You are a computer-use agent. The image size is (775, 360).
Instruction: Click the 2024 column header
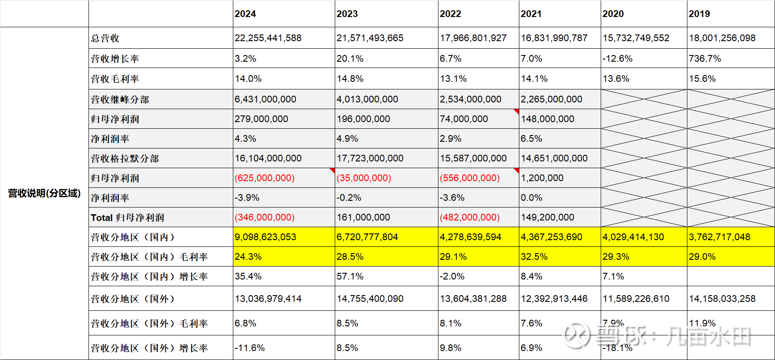(x=245, y=14)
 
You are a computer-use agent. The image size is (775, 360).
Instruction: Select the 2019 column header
(x=699, y=14)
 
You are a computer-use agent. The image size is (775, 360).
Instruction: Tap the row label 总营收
(x=105, y=38)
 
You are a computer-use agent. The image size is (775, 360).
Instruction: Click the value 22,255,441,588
(x=268, y=38)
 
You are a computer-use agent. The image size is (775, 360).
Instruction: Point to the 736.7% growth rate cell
(x=705, y=59)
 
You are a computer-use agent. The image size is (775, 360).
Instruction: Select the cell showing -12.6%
(x=617, y=59)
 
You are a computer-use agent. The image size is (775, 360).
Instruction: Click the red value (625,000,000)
(x=265, y=178)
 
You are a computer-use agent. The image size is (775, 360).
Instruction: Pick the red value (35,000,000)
(x=364, y=178)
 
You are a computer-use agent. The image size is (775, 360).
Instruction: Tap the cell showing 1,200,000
(x=542, y=178)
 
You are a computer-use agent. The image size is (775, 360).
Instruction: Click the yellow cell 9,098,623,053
(x=265, y=237)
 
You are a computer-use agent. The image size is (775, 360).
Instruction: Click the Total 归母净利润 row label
(x=127, y=218)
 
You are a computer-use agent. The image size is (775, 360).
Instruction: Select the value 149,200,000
(x=548, y=217)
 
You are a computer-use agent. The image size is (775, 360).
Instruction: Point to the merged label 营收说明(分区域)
(x=44, y=193)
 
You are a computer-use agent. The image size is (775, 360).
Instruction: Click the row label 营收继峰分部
(x=120, y=100)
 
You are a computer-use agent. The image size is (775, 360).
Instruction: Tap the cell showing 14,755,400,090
(x=370, y=299)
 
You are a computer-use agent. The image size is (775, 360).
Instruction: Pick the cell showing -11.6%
(x=250, y=348)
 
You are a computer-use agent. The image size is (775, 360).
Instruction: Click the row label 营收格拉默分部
(x=125, y=159)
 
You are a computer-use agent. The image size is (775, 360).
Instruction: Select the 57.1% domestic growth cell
(x=350, y=276)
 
